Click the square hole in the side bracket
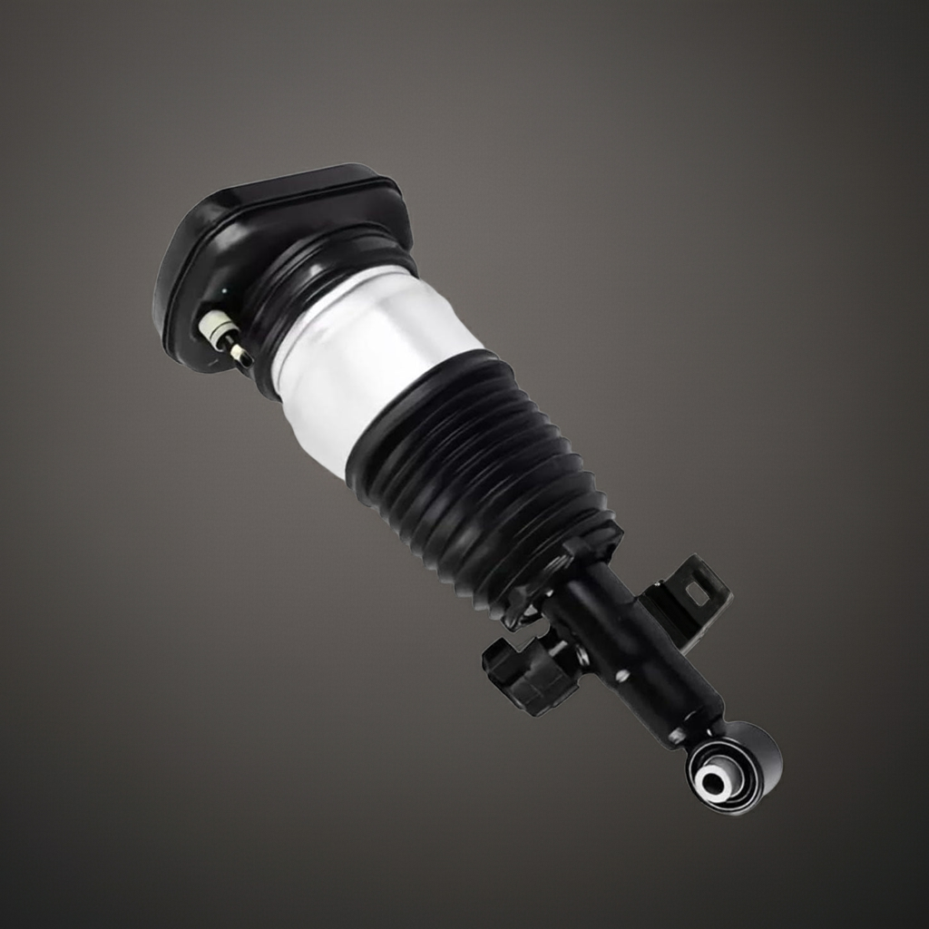pos(697,593)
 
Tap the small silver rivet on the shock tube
pos(622,676)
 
